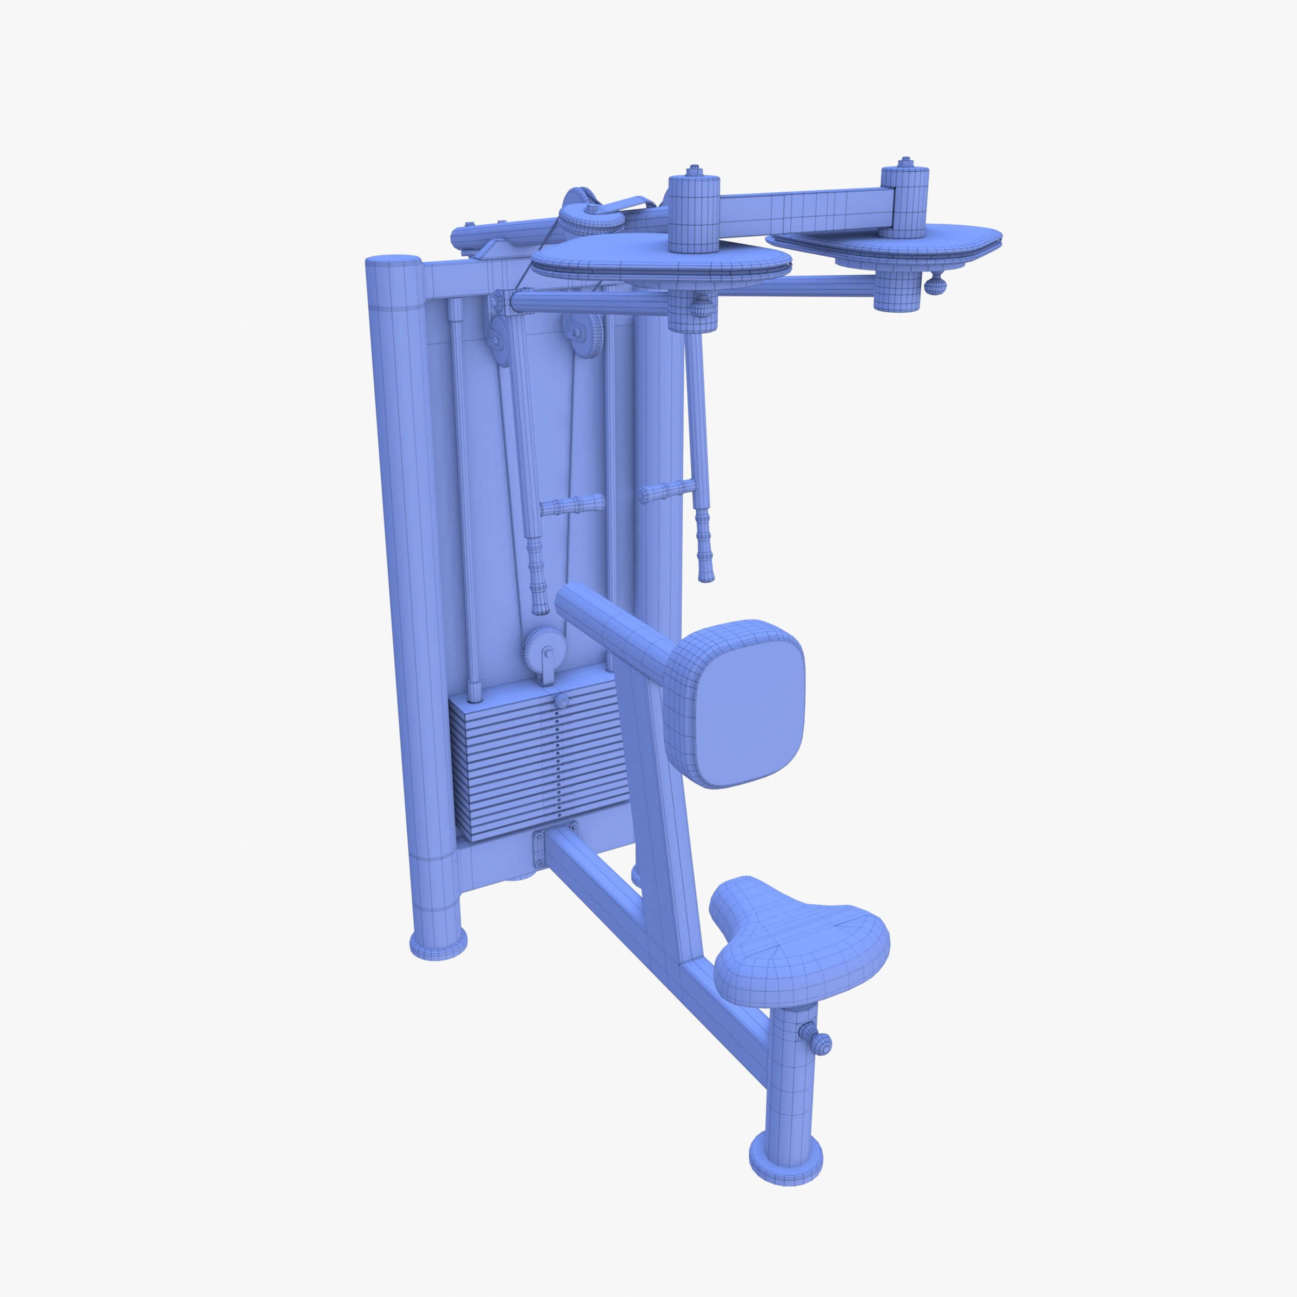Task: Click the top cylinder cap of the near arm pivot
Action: tap(693, 212)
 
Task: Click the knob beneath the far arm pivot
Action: tap(935, 285)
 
